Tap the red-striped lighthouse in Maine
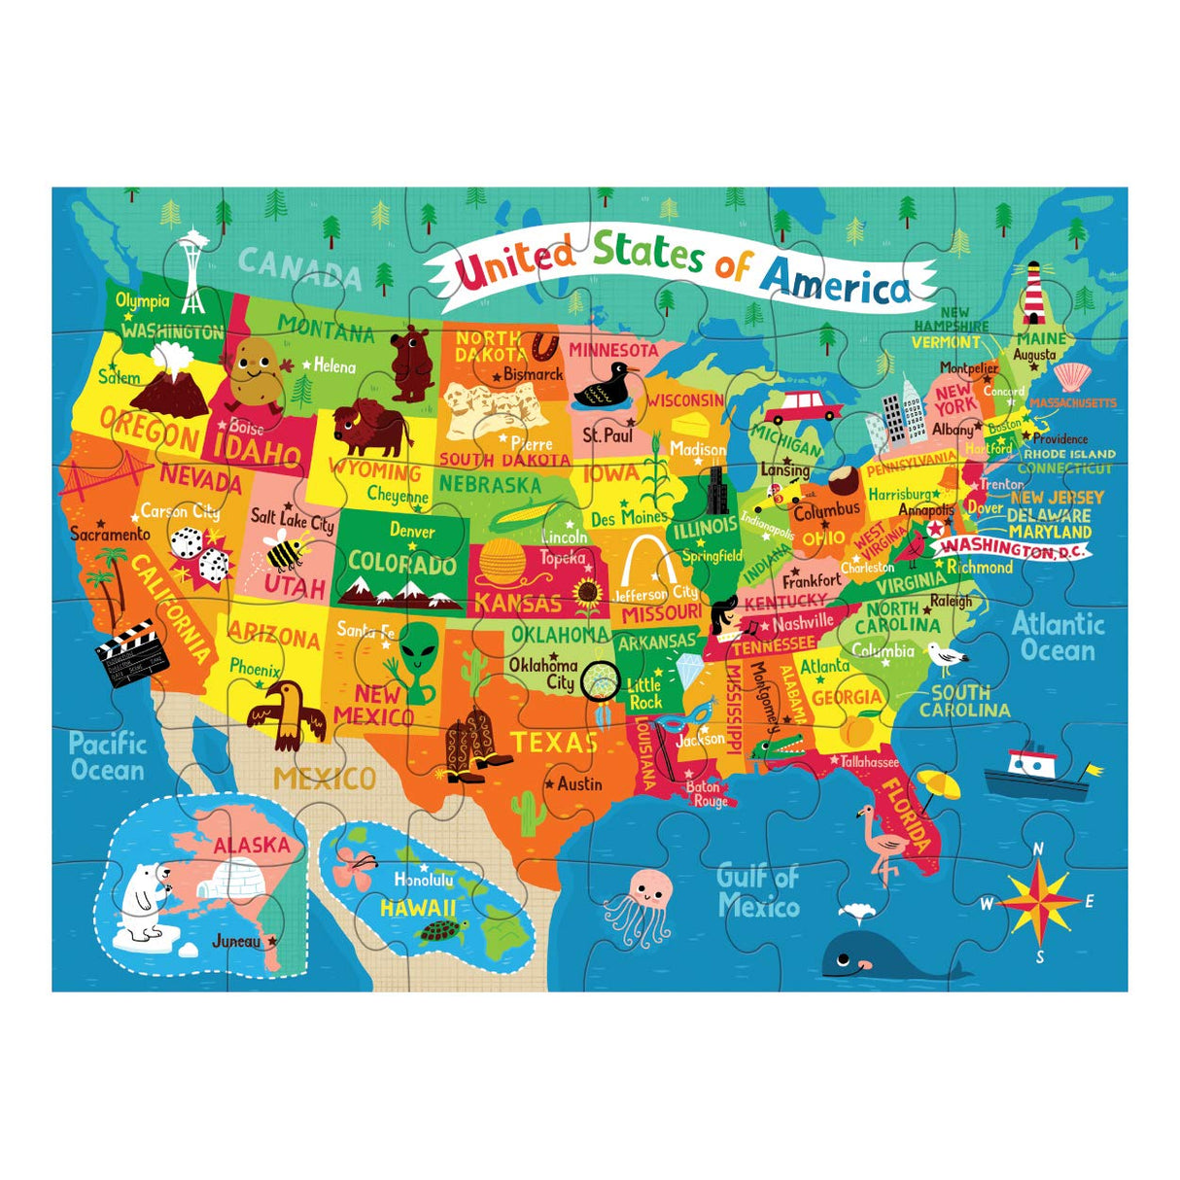pos(1032,292)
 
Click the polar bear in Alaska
pos(145,900)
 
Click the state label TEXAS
pos(555,743)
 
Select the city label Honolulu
pos(423,880)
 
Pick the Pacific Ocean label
pos(107,757)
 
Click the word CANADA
pos(299,268)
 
